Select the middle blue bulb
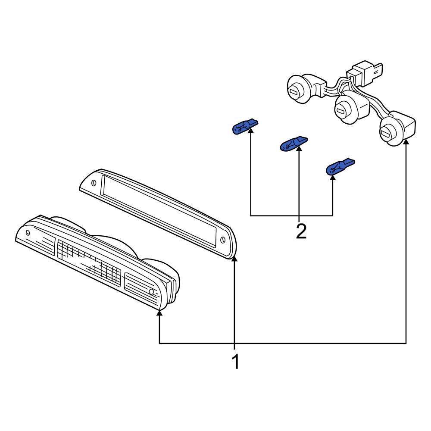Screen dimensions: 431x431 [x=294, y=144]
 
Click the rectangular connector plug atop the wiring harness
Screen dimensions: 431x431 [x=364, y=74]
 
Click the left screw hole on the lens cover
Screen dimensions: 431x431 [x=94, y=182]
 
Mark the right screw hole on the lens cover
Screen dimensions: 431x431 [x=222, y=240]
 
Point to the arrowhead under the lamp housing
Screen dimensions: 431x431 [x=159, y=314]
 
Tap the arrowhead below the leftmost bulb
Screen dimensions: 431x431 [x=250, y=131]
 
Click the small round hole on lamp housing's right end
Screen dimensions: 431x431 [x=151, y=293]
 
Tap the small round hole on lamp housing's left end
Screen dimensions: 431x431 [x=28, y=232]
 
